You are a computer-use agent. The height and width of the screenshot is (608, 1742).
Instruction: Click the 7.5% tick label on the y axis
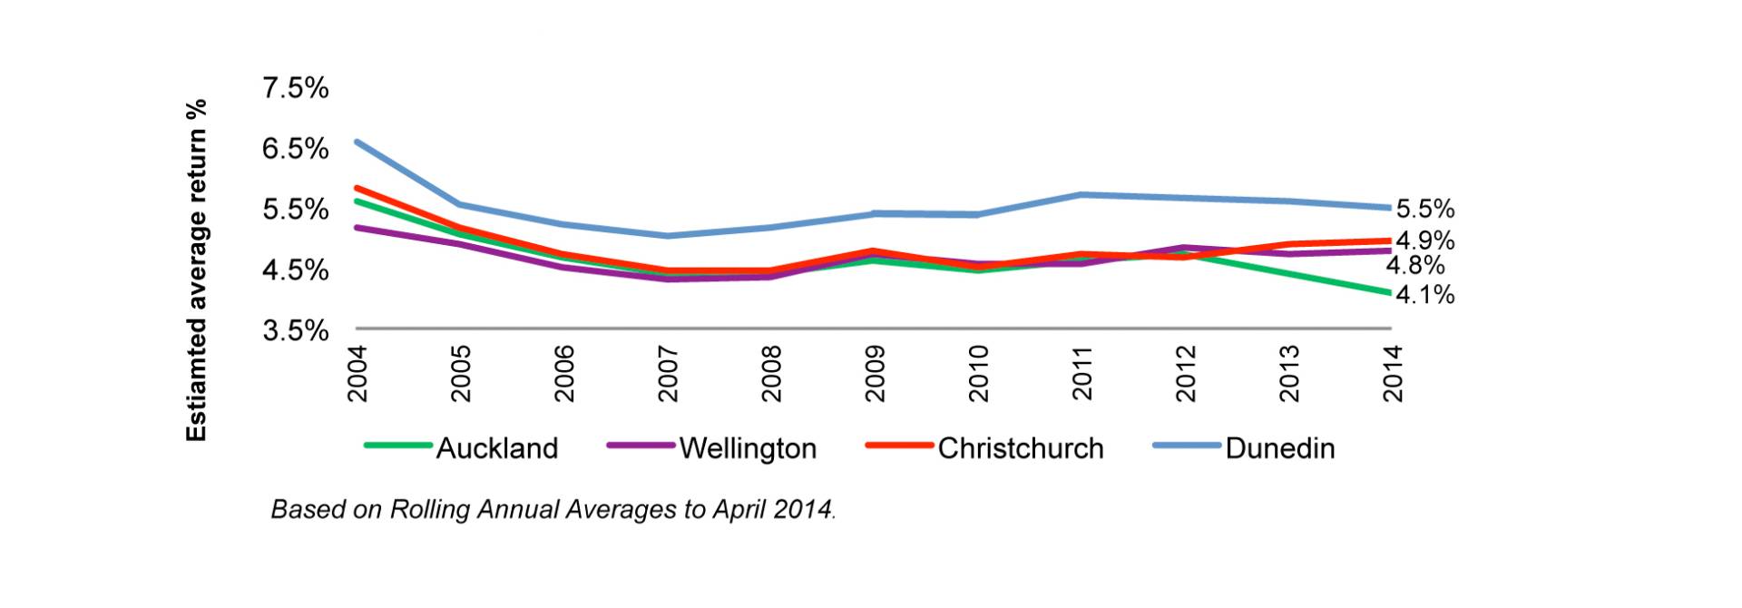pyautogui.click(x=295, y=88)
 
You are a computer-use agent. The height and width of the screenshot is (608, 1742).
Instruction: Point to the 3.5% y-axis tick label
pyautogui.click(x=295, y=330)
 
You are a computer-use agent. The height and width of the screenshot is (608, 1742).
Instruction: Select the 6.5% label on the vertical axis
pyautogui.click(x=295, y=149)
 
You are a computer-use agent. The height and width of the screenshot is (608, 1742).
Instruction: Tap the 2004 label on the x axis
pyautogui.click(x=357, y=374)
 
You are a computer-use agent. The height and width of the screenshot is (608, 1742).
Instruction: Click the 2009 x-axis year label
pyautogui.click(x=876, y=374)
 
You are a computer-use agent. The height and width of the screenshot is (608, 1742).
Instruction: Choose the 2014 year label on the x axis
pyautogui.click(x=1393, y=374)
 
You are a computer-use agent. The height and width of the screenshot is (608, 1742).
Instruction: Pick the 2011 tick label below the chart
pyautogui.click(x=1082, y=374)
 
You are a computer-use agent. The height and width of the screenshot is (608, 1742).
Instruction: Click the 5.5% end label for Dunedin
pyautogui.click(x=1424, y=210)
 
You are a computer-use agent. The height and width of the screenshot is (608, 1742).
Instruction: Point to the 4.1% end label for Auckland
pyautogui.click(x=1424, y=295)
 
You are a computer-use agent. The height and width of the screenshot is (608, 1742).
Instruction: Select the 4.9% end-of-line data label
pyautogui.click(x=1424, y=241)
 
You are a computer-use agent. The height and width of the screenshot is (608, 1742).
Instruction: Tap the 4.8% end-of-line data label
pyautogui.click(x=1414, y=266)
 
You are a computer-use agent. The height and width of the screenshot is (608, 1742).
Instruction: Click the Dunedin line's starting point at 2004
pyautogui.click(x=357, y=142)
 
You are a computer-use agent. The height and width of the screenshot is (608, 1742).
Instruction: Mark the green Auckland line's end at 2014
pyautogui.click(x=1389, y=292)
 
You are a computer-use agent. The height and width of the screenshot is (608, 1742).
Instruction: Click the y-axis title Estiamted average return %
pyautogui.click(x=196, y=270)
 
